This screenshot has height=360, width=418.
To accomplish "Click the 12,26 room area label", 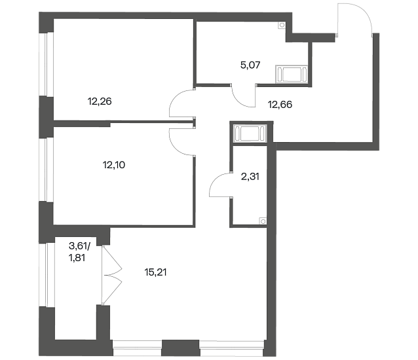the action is click(x=100, y=101).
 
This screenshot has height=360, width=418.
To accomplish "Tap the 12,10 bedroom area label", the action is click(x=114, y=165).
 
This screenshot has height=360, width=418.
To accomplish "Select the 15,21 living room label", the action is click(x=155, y=272).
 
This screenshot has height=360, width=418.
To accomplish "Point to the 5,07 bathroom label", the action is click(x=250, y=65).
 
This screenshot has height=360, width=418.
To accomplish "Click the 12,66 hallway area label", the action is click(x=280, y=104).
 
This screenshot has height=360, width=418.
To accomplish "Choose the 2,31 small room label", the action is click(x=250, y=176).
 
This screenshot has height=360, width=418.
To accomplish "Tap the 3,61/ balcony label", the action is click(x=79, y=246).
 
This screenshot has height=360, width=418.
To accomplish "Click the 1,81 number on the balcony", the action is click(x=77, y=258).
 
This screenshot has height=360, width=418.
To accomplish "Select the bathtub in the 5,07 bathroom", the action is click(x=292, y=74).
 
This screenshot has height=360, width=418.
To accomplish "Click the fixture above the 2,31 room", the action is click(x=250, y=134).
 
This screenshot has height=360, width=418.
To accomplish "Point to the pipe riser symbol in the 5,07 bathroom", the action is click(x=282, y=25).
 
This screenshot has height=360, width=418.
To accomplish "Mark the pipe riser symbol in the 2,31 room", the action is click(x=263, y=221).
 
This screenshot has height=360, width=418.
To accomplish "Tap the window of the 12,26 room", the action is click(x=47, y=64).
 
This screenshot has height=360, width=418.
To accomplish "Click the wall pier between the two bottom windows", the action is click(x=180, y=348).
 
